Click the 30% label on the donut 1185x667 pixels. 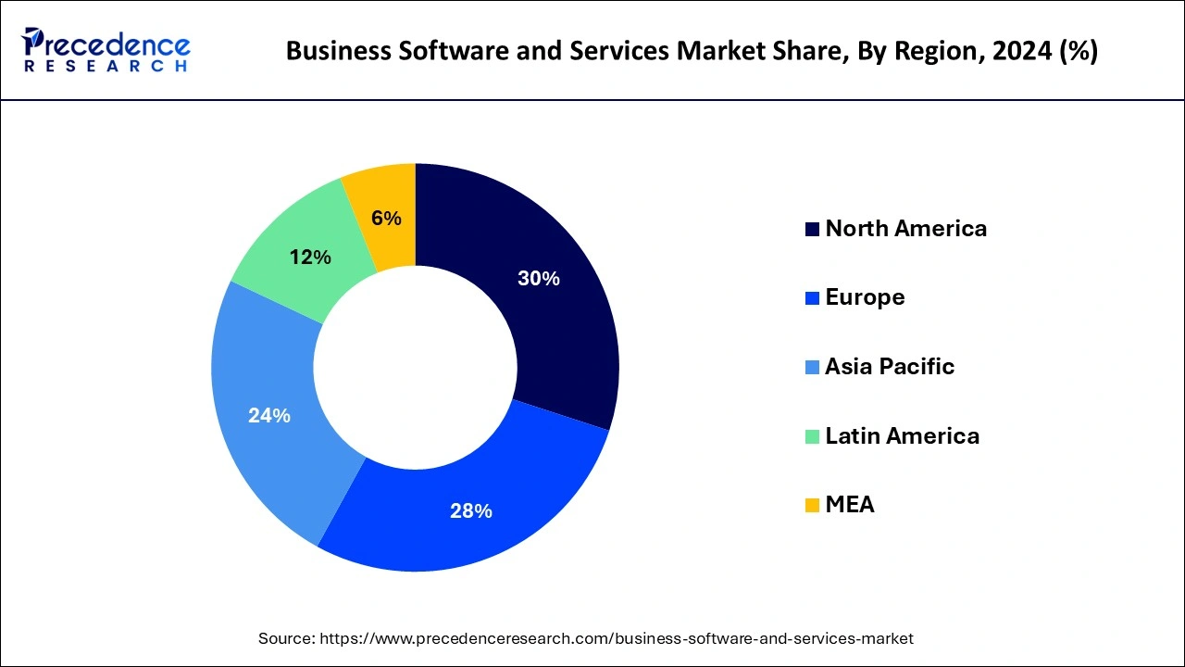538,279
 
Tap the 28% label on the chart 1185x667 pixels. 470,510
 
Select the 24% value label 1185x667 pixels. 269,416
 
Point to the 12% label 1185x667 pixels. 310,258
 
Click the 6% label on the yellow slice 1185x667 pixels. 386,219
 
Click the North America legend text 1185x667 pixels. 905,229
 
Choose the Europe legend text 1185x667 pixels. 865,297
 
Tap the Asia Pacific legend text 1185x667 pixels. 889,367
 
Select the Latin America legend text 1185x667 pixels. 902,435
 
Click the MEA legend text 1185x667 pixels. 849,505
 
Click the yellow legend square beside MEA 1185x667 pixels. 812,506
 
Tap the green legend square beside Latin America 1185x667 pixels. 812,436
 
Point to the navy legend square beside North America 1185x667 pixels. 812,230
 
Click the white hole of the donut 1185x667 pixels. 415,367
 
